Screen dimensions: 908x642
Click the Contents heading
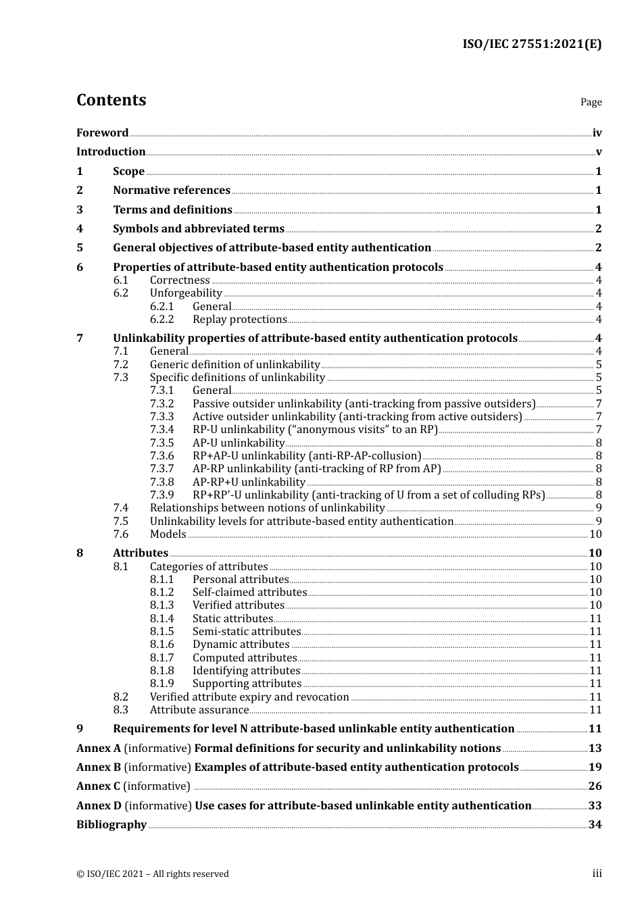pyautogui.click(x=111, y=100)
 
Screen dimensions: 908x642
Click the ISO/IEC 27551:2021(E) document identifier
pyautogui.click(x=532, y=44)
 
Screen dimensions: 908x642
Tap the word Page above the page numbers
pyautogui.click(x=591, y=102)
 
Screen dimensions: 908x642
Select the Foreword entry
pyautogui.click(x=102, y=132)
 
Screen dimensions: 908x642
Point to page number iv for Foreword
pyautogui.click(x=597, y=133)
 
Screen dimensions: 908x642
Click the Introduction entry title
pyautogui.click(x=111, y=152)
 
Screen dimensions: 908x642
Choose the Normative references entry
pyautogui.click(x=172, y=191)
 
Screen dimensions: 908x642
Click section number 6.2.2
pyautogui.click(x=162, y=320)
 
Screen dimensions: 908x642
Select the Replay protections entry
pyautogui.click(x=239, y=320)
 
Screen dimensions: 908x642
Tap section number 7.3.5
pyautogui.click(x=162, y=443)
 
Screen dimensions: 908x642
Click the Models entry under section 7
pyautogui.click(x=168, y=534)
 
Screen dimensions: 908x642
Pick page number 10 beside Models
pyautogui.click(x=595, y=534)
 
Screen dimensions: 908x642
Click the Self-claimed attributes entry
pyautogui.click(x=249, y=592)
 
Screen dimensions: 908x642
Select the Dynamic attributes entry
pyautogui.click(x=241, y=645)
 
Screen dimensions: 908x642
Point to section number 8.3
pyautogui.click(x=120, y=710)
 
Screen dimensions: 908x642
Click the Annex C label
pyautogui.click(x=99, y=786)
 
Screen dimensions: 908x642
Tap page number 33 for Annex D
pyautogui.click(x=595, y=806)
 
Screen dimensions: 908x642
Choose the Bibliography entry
pyautogui.click(x=112, y=825)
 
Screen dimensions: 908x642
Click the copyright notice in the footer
pyautogui.click(x=153, y=874)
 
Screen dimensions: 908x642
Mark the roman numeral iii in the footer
pyautogui.click(x=597, y=874)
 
